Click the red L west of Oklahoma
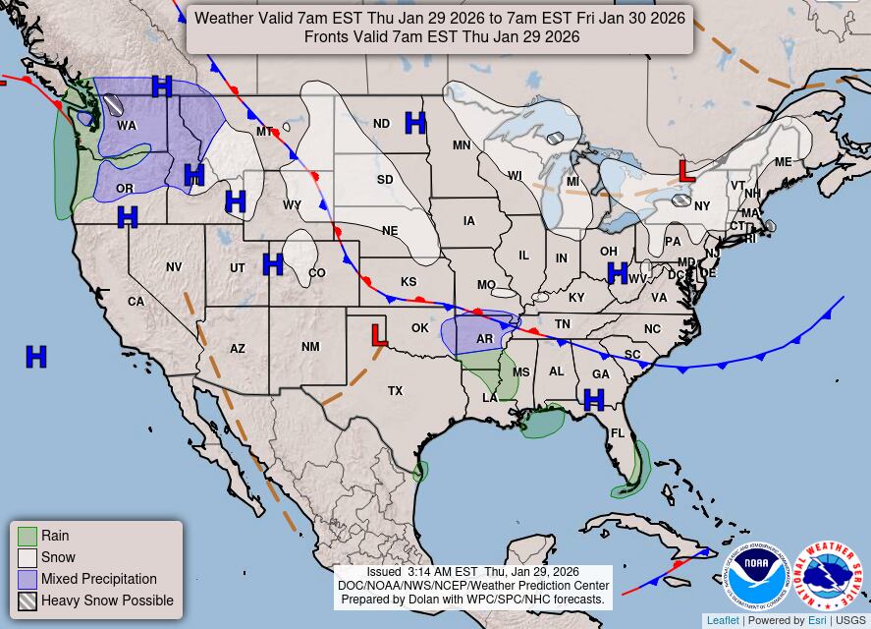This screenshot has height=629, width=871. tap(379, 335)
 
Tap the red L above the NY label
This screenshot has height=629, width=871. tap(686, 171)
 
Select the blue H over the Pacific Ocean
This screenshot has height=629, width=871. tap(36, 357)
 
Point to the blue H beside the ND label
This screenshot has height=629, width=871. tap(415, 123)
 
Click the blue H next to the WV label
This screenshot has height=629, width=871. tap(617, 273)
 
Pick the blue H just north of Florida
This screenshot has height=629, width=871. tap(593, 399)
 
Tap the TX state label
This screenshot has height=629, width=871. tap(395, 391)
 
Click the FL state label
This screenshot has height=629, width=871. tap(618, 433)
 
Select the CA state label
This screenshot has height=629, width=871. tap(136, 302)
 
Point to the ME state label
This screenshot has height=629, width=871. tap(783, 162)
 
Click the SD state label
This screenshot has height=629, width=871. tap(385, 180)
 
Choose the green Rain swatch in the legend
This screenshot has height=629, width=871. tap(27, 536)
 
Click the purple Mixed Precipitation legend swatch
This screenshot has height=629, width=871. tap(27, 579)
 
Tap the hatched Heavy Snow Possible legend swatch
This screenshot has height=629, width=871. tap(27, 600)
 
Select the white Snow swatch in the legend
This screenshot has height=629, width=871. tap(27, 557)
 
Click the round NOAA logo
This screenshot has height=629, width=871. tap(756, 577)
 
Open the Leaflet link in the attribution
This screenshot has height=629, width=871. tap(723, 621)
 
